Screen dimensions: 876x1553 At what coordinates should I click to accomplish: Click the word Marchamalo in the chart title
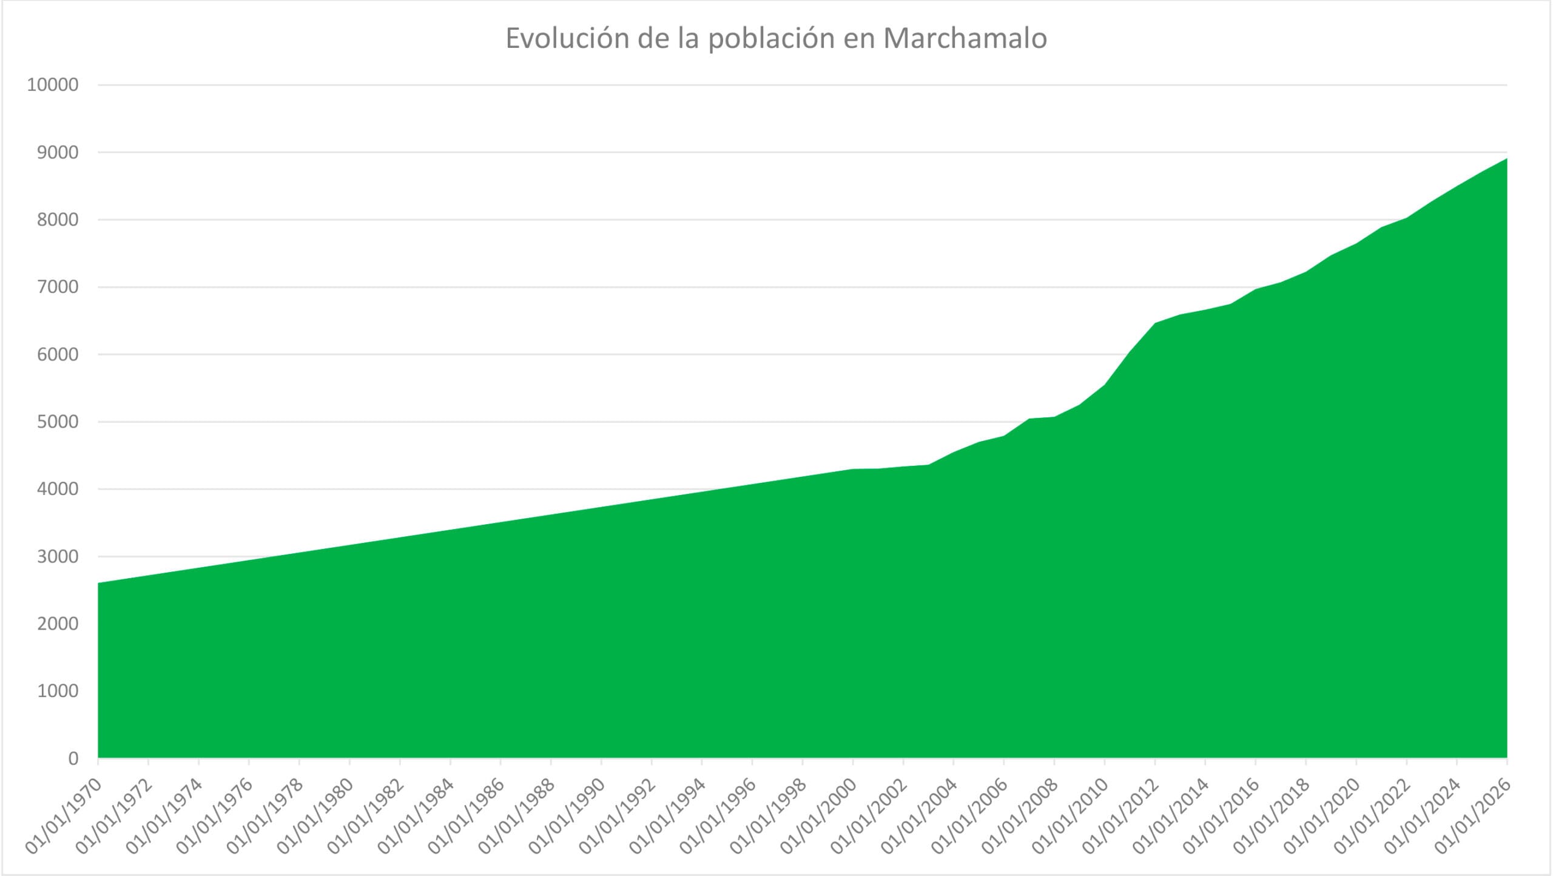click(965, 38)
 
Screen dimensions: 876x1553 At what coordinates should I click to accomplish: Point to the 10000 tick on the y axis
click(53, 85)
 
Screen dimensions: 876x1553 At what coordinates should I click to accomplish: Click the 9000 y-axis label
click(58, 152)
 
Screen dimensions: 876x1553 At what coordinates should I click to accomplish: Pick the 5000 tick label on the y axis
click(58, 422)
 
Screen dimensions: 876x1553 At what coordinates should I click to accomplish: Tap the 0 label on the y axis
click(73, 758)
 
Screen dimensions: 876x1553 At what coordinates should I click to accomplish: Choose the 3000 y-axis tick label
click(58, 556)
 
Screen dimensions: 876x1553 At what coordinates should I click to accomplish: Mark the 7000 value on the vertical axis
click(58, 287)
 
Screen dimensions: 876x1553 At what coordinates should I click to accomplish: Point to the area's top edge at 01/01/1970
click(98, 583)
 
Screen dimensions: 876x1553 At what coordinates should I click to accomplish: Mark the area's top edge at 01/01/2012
click(1155, 323)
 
